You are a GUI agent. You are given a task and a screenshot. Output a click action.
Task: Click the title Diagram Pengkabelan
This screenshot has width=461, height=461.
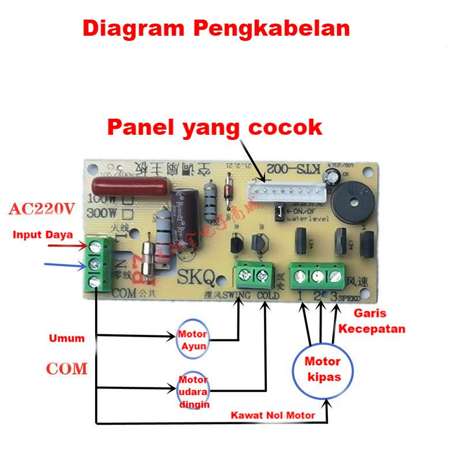216,27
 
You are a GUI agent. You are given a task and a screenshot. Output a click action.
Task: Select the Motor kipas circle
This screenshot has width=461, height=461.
323,370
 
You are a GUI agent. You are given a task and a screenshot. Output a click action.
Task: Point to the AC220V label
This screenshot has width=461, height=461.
41,210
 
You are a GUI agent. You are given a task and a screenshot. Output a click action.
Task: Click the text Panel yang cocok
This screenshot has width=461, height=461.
215,127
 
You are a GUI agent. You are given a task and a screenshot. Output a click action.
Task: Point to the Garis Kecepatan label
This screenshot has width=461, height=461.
372,322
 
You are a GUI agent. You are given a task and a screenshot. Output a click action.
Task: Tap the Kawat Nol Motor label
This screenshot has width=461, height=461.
273,415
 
